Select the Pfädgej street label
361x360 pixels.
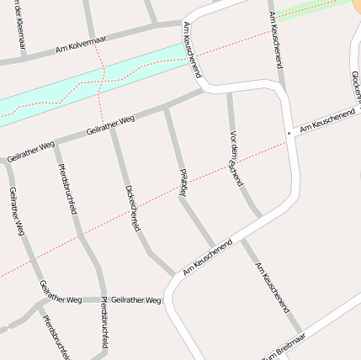coord(183,183)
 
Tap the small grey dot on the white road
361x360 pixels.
coord(289,133)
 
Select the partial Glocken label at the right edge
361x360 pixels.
coord(354,84)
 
